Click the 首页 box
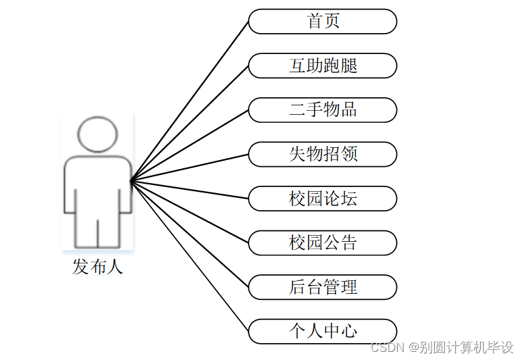pos(322,21)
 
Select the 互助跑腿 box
pos(322,66)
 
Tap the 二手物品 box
pos(322,109)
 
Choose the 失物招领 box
pos(322,154)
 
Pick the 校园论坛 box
pos(322,199)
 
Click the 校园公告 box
pos(322,242)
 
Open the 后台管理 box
pos(322,287)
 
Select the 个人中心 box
pos(322,331)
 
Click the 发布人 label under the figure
pos(97,267)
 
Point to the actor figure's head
pos(98,134)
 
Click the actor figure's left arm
pos(70,186)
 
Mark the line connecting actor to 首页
pos(190,101)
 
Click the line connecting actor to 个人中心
pos(190,256)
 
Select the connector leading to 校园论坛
pos(190,190)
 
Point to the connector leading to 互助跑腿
pos(190,124)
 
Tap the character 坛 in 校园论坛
pos(349,199)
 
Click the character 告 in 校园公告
pos(349,242)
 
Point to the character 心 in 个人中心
pos(349,331)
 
